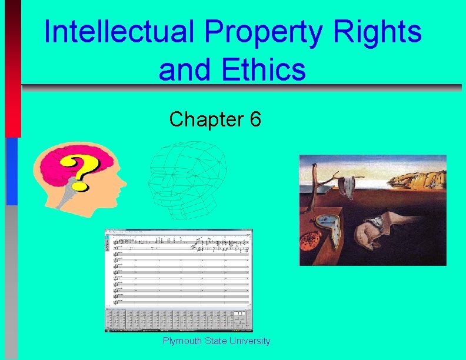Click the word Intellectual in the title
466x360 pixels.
[x=118, y=32]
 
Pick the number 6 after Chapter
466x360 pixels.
[x=255, y=119]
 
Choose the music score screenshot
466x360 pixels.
[x=178, y=280]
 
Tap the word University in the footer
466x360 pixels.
[x=250, y=341]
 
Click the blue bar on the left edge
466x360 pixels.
[x=11, y=171]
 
